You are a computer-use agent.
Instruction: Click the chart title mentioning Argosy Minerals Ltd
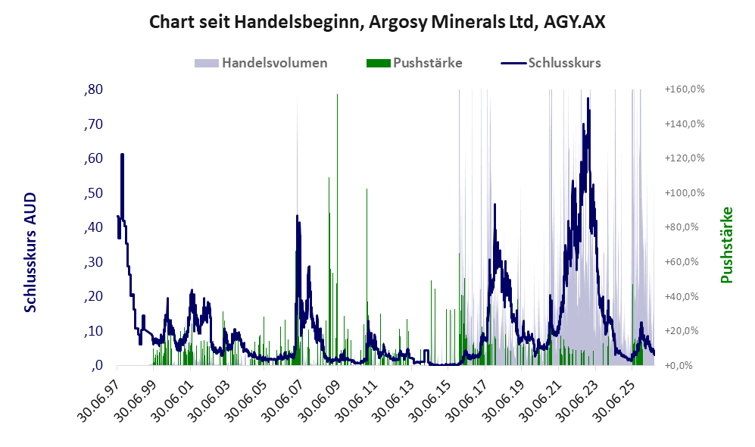pyautogui.click(x=377, y=22)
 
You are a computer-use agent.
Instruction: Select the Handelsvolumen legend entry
pyautogui.click(x=261, y=63)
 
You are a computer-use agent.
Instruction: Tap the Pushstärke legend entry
pyautogui.click(x=414, y=63)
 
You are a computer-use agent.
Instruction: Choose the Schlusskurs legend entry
pyautogui.click(x=551, y=63)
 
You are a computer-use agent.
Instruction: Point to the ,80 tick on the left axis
pyautogui.click(x=93, y=89)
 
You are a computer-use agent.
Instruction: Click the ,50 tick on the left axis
pyautogui.click(x=93, y=193)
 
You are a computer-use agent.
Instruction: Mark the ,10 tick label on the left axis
pyautogui.click(x=93, y=331)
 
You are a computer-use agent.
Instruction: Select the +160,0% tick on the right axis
pyautogui.click(x=685, y=89)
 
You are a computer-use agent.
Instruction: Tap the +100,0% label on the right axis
pyautogui.click(x=685, y=192)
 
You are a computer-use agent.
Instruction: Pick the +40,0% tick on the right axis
pyautogui.click(x=682, y=296)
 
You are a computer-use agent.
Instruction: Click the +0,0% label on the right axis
pyautogui.click(x=679, y=365)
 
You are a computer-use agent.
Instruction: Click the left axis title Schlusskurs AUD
pyautogui.click(x=30, y=252)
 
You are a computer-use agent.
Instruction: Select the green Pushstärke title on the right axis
pyautogui.click(x=726, y=245)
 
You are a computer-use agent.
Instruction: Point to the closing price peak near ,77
pyautogui.click(x=588, y=98)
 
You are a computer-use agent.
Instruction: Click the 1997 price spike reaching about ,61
pyautogui.click(x=123, y=155)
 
